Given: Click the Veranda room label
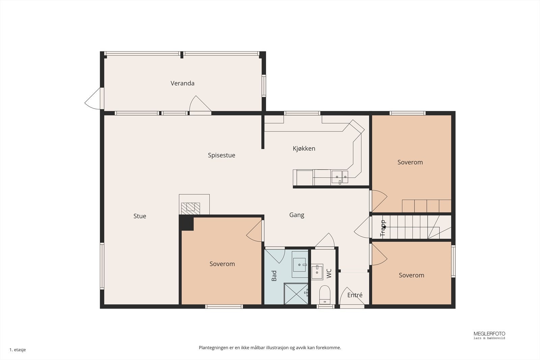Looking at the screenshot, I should click(182, 83).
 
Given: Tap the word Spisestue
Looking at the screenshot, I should click(221, 155).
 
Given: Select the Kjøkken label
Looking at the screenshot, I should click(304, 148).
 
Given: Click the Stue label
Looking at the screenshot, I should click(140, 216).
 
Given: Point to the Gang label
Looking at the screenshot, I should click(297, 215).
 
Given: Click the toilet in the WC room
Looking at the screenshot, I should click(325, 294).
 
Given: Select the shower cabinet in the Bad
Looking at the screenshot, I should click(296, 293).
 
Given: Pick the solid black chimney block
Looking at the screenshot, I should click(186, 223).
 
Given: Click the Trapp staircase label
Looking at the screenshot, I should click(383, 228).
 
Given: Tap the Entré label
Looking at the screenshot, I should click(355, 295).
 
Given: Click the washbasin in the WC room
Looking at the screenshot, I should click(317, 272).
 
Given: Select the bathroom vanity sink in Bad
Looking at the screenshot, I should click(300, 264).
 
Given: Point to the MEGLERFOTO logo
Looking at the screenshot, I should click(489, 334).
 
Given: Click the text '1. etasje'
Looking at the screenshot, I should click(18, 350).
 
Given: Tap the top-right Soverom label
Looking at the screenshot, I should click(410, 162).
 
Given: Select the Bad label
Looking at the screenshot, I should click(274, 276).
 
